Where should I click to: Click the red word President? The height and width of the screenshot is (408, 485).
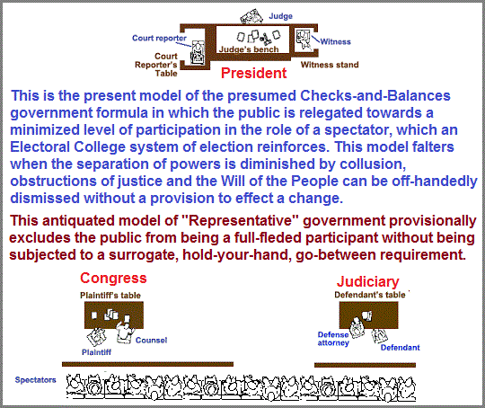pos(253,73)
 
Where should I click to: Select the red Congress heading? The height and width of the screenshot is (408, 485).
pos(113,279)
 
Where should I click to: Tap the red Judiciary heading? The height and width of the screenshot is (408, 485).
pos(367,282)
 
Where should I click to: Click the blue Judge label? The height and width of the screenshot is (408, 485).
pos(280,16)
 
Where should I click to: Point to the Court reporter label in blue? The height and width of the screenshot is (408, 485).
pos(159,38)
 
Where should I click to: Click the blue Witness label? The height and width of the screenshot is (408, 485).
pos(335,42)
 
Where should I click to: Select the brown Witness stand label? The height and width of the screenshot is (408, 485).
pos(330,65)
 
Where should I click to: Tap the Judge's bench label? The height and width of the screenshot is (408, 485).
pos(249,49)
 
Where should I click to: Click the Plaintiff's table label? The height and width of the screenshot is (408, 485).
pos(110,296)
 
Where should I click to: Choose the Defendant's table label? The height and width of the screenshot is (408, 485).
pos(370,295)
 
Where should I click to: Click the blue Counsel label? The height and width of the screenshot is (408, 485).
pos(151,341)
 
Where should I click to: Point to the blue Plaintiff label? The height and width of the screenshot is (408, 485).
pos(96,352)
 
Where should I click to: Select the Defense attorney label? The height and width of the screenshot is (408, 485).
pos(333,339)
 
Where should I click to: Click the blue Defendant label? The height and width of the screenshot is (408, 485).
pos(400,348)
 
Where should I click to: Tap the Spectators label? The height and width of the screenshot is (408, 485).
pos(36,380)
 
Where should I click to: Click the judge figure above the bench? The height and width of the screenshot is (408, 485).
pos(251,16)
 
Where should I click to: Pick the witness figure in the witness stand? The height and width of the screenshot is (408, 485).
pos(304,40)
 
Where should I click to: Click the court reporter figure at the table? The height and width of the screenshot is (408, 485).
pos(198,53)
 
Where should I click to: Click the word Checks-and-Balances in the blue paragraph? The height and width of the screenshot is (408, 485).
pos(375,95)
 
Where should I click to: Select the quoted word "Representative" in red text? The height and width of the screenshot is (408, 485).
pos(241,221)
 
